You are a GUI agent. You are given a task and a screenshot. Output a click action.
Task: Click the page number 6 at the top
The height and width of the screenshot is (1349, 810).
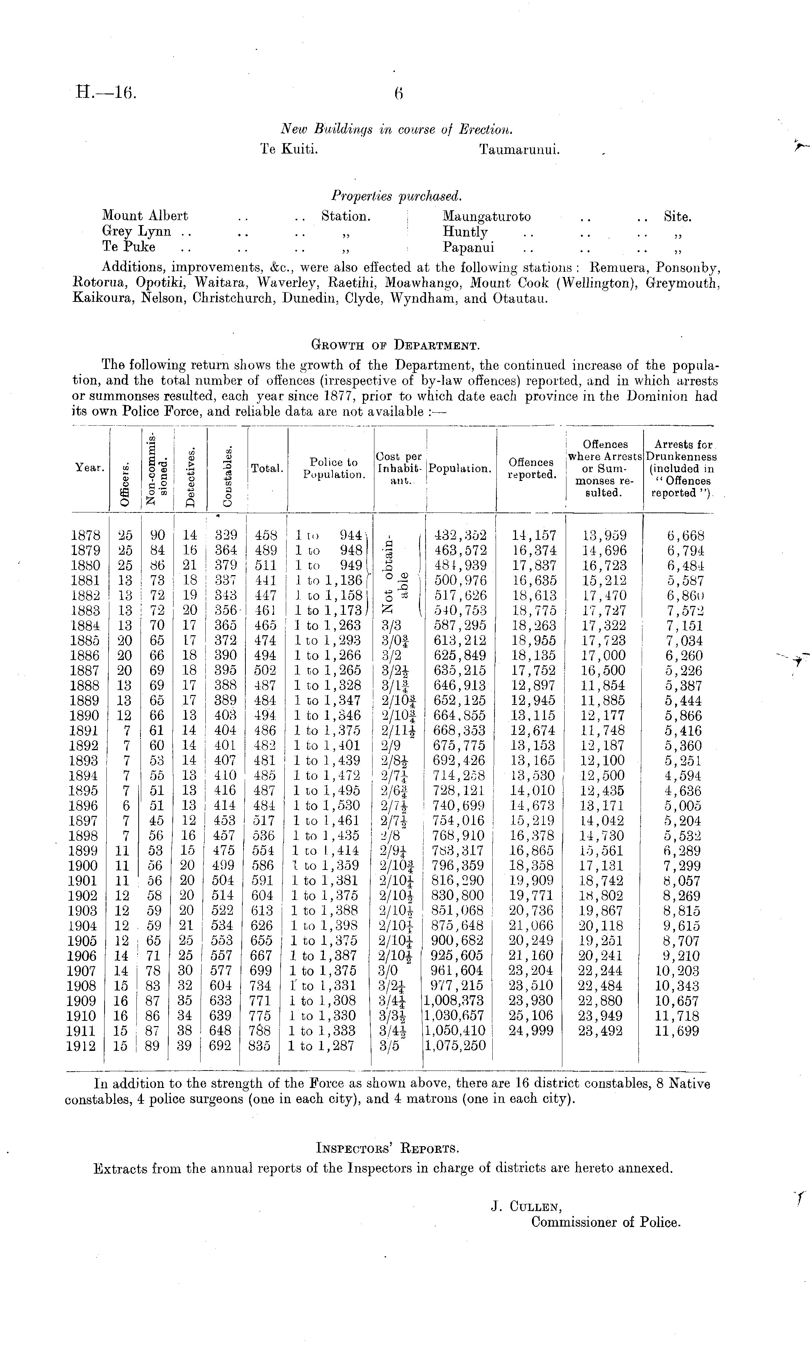point(398,94)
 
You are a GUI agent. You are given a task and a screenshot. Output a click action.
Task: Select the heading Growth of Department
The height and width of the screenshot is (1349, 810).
point(395,345)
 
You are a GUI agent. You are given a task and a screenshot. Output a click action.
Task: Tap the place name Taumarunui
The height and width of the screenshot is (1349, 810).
point(519,149)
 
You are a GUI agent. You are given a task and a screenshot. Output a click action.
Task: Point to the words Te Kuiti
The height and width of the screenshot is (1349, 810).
point(289,149)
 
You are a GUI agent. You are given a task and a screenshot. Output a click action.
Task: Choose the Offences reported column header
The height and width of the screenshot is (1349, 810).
point(532,468)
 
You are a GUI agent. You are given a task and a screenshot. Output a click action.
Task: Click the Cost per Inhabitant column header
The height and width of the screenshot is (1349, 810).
point(399,468)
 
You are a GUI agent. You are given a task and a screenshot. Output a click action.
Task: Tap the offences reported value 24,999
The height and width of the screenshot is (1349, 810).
point(531,1031)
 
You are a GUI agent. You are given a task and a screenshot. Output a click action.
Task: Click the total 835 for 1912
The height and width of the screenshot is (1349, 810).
point(259,1046)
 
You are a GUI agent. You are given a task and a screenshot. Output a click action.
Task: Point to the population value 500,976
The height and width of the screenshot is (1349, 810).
point(460,580)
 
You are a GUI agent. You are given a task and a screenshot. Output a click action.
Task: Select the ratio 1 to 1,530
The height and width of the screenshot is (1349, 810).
point(327,806)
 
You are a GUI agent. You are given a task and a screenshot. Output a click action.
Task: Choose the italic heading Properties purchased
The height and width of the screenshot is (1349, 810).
point(396,195)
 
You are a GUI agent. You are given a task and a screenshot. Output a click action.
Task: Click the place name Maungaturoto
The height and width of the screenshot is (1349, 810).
point(486,217)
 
